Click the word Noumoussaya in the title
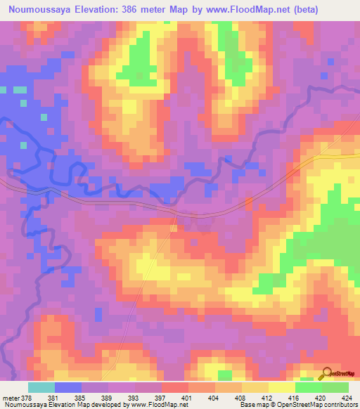(x=39, y=10)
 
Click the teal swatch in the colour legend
(x=41, y=388)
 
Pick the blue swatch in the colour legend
(x=68, y=388)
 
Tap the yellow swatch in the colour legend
(x=282, y=388)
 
